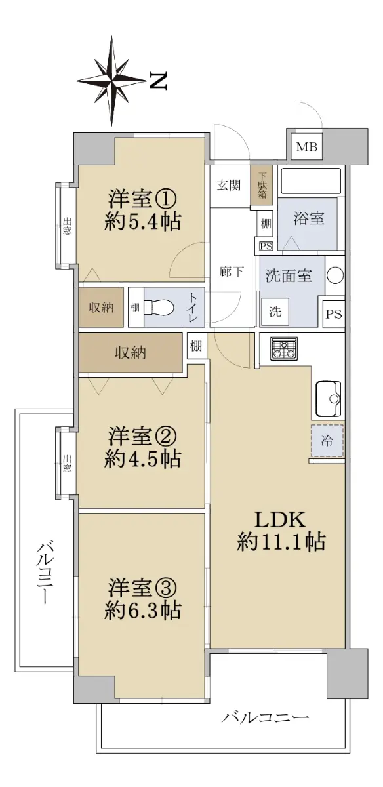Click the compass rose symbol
pyautogui.click(x=111, y=81)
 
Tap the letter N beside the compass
pyautogui.click(x=158, y=81)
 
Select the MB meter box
pyautogui.click(x=307, y=146)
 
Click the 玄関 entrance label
pyautogui.click(x=228, y=185)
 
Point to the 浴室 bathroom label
pyautogui.click(x=309, y=218)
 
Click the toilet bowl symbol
pyautogui.click(x=160, y=308)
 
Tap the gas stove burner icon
pyautogui.click(x=284, y=348)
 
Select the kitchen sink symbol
pyautogui.click(x=329, y=399)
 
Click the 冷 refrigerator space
pyautogui.click(x=327, y=441)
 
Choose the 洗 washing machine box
pyautogui.click(x=275, y=312)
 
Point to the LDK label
pyautogui.click(x=280, y=519)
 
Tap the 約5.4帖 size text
pyautogui.click(x=143, y=222)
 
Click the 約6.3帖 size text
pyautogui.click(x=143, y=611)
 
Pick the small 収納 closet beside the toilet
pyautogui.click(x=101, y=308)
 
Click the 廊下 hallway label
pyautogui.click(x=232, y=272)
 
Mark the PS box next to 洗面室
pyautogui.click(x=333, y=313)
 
